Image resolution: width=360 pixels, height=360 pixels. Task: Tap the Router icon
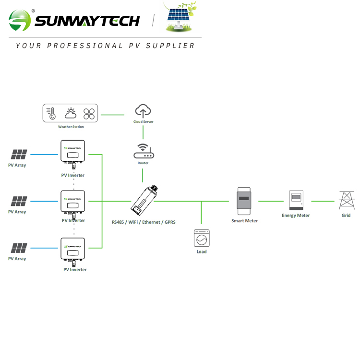pyautogui.click(x=143, y=152)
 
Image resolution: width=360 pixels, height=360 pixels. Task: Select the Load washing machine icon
pyautogui.click(x=202, y=238)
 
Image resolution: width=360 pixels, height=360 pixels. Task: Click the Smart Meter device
pyautogui.click(x=244, y=202)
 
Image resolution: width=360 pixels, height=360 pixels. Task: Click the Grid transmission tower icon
pyautogui.click(x=346, y=200)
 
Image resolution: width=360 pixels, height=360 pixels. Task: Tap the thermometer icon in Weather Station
pyautogui.click(x=51, y=114)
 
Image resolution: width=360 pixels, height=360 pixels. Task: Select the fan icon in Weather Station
pyautogui.click(x=89, y=114)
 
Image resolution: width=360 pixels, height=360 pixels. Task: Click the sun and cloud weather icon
pyautogui.click(x=71, y=114)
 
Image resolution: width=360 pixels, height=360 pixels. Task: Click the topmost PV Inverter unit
pyautogui.click(x=72, y=153)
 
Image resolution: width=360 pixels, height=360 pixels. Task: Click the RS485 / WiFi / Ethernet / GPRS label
pyautogui.click(x=143, y=222)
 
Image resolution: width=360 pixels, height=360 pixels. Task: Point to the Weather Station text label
pyautogui.click(x=71, y=127)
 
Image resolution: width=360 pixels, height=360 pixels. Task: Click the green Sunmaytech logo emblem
pyautogui.click(x=20, y=20)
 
